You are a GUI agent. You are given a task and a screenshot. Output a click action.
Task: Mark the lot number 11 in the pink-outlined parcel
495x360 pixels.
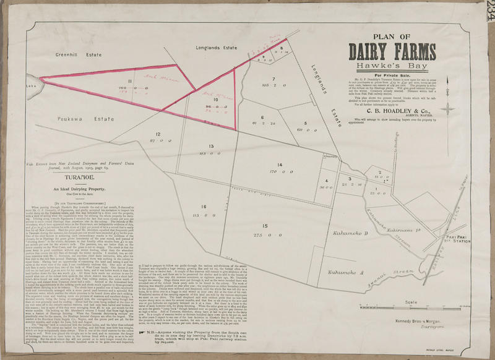(x=130, y=81)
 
